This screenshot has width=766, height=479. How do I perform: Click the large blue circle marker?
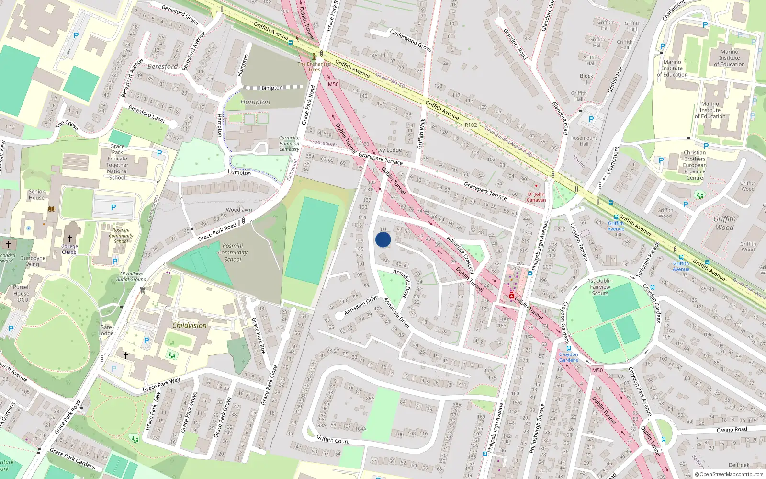(383, 239)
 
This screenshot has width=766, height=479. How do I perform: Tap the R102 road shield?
(471, 125)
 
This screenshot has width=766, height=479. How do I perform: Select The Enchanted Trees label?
(314, 67)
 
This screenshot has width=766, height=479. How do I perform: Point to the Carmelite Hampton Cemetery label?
(289, 144)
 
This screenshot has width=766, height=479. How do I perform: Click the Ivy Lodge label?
(390, 150)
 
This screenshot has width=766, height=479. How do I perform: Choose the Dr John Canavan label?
(536, 197)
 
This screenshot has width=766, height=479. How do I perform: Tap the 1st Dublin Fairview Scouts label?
(600, 287)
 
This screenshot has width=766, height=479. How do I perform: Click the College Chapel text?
(69, 249)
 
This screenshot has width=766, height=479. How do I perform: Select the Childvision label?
(190, 325)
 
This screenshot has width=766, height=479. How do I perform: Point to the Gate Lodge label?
(106, 331)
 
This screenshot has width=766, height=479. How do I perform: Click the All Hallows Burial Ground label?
(131, 276)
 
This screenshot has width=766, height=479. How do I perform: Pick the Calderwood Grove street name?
(411, 40)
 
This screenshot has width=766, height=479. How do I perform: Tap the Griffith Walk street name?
(421, 134)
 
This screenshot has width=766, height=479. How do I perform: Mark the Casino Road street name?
(732, 430)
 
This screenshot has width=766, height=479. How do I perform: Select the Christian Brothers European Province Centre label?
(695, 165)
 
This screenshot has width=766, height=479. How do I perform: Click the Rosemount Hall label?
(584, 141)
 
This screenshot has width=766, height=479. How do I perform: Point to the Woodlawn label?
(239, 210)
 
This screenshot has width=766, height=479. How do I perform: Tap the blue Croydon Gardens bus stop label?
(568, 357)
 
